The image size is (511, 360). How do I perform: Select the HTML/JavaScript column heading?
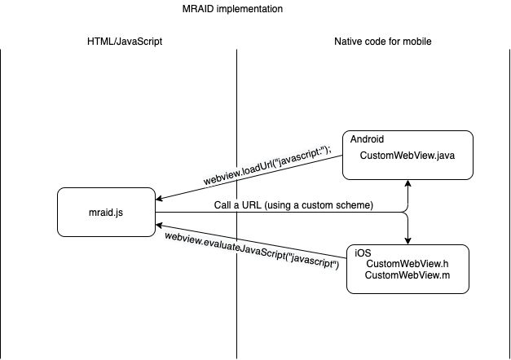(x=118, y=42)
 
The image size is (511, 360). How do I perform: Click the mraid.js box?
(x=105, y=212)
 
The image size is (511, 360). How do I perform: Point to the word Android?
(x=368, y=140)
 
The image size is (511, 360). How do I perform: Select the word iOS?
(x=363, y=253)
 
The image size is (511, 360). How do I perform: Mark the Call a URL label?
(x=293, y=205)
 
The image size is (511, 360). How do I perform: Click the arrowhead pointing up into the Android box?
(x=407, y=184)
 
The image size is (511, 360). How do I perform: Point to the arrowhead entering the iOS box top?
(x=407, y=240)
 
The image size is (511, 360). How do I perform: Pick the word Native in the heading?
(x=348, y=42)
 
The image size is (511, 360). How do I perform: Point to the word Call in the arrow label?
(x=224, y=205)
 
